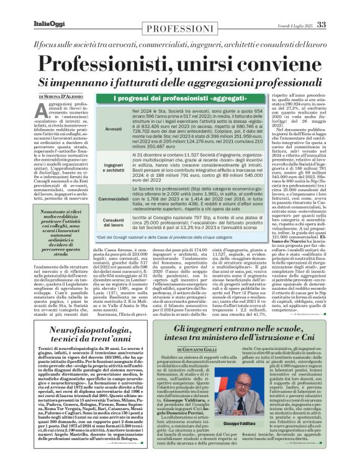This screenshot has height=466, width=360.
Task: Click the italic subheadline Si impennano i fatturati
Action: pos(179,82)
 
